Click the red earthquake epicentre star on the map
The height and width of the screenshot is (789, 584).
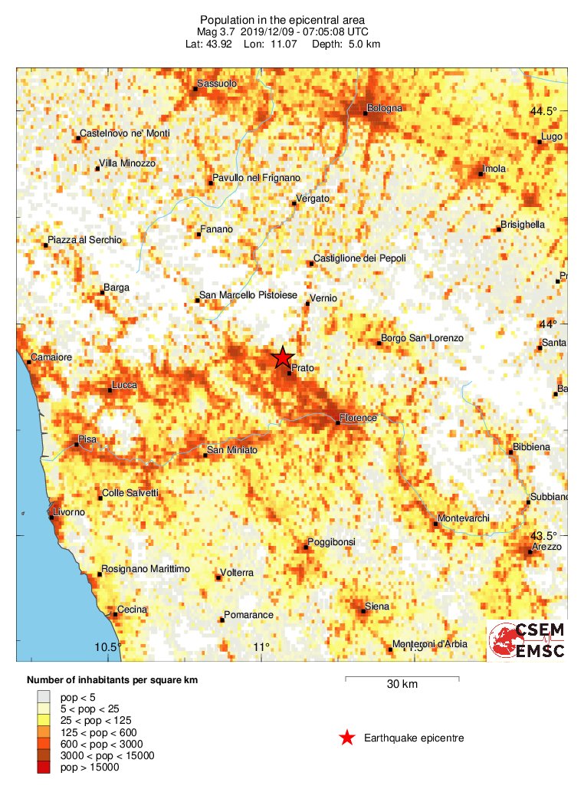(x=283, y=357)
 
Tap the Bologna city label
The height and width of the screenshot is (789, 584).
(x=384, y=108)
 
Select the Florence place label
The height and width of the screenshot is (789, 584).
(x=358, y=418)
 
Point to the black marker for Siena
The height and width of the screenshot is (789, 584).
(x=364, y=611)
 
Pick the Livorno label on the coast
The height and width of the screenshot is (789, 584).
(x=69, y=511)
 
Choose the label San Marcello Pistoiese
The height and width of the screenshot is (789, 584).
(x=248, y=295)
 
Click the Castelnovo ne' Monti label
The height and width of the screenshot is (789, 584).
(x=125, y=133)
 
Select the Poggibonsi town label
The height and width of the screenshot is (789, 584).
(x=331, y=542)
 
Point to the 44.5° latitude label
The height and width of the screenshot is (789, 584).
(x=544, y=111)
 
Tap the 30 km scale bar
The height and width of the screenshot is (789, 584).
(x=402, y=679)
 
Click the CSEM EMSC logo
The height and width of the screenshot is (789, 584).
(x=528, y=641)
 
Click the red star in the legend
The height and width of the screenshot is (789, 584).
(x=347, y=738)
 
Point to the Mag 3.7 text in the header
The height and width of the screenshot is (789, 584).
(x=218, y=31)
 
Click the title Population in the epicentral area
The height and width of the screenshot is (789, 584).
(x=282, y=19)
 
